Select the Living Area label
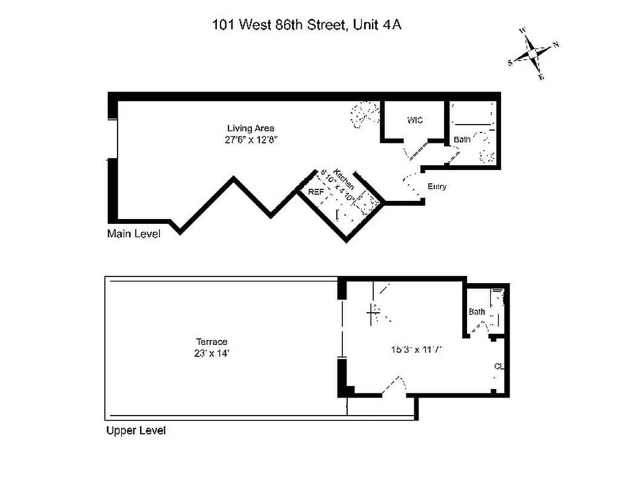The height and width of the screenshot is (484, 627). point(251,128)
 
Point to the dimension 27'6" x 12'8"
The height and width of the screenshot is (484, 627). point(251,139)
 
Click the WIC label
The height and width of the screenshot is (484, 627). point(415,120)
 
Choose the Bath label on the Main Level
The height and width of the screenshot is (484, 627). point(462,140)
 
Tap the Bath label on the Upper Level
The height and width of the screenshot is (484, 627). point(477,312)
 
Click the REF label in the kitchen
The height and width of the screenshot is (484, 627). point(316,191)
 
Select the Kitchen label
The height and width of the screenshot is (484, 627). point(343,178)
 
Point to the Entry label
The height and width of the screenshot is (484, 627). point(437,187)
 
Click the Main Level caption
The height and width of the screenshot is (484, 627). point(134,234)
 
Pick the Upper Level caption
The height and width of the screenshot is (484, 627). point(136,431)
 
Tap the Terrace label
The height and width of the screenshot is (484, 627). point(211,342)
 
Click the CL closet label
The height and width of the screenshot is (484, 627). point(499,367)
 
